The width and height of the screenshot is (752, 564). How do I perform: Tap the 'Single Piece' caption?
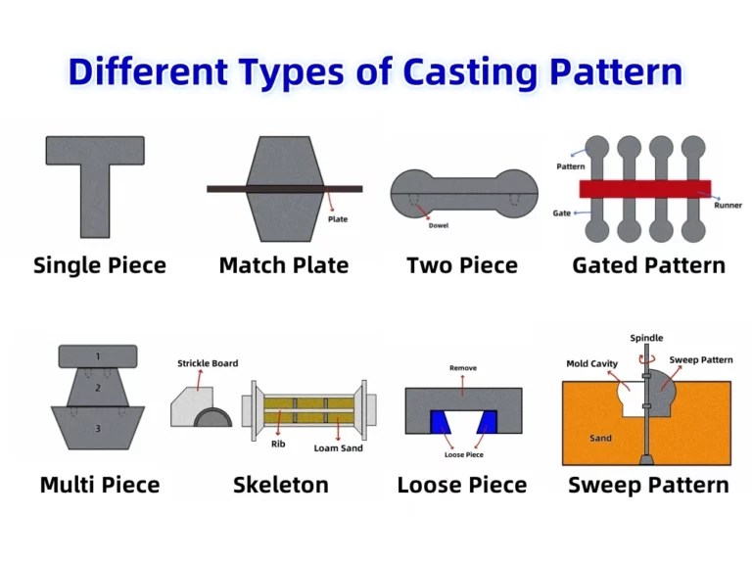tap(100, 265)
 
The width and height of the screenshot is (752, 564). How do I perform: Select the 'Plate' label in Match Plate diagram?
tap(337, 219)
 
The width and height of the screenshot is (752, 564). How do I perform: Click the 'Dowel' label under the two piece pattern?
tap(439, 226)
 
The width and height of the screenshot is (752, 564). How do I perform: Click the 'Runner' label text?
tap(728, 206)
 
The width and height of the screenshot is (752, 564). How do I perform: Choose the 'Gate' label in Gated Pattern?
tap(561, 212)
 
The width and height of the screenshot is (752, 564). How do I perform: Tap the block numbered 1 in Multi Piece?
tap(98, 355)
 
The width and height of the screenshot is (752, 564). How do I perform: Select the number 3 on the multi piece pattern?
tap(98, 428)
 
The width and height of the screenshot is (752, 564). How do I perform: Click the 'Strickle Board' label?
tap(208, 363)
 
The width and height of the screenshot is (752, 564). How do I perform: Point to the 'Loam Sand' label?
tap(340, 448)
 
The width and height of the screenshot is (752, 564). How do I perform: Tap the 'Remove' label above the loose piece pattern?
tap(463, 368)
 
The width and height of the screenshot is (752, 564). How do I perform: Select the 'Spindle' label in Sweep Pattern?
tap(646, 338)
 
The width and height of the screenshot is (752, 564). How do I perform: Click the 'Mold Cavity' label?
tap(591, 364)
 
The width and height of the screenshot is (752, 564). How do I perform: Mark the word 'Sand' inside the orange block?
tap(601, 438)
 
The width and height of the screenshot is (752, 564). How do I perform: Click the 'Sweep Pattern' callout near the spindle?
tap(701, 360)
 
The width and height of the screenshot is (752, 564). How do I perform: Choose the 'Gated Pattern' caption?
tap(648, 265)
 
